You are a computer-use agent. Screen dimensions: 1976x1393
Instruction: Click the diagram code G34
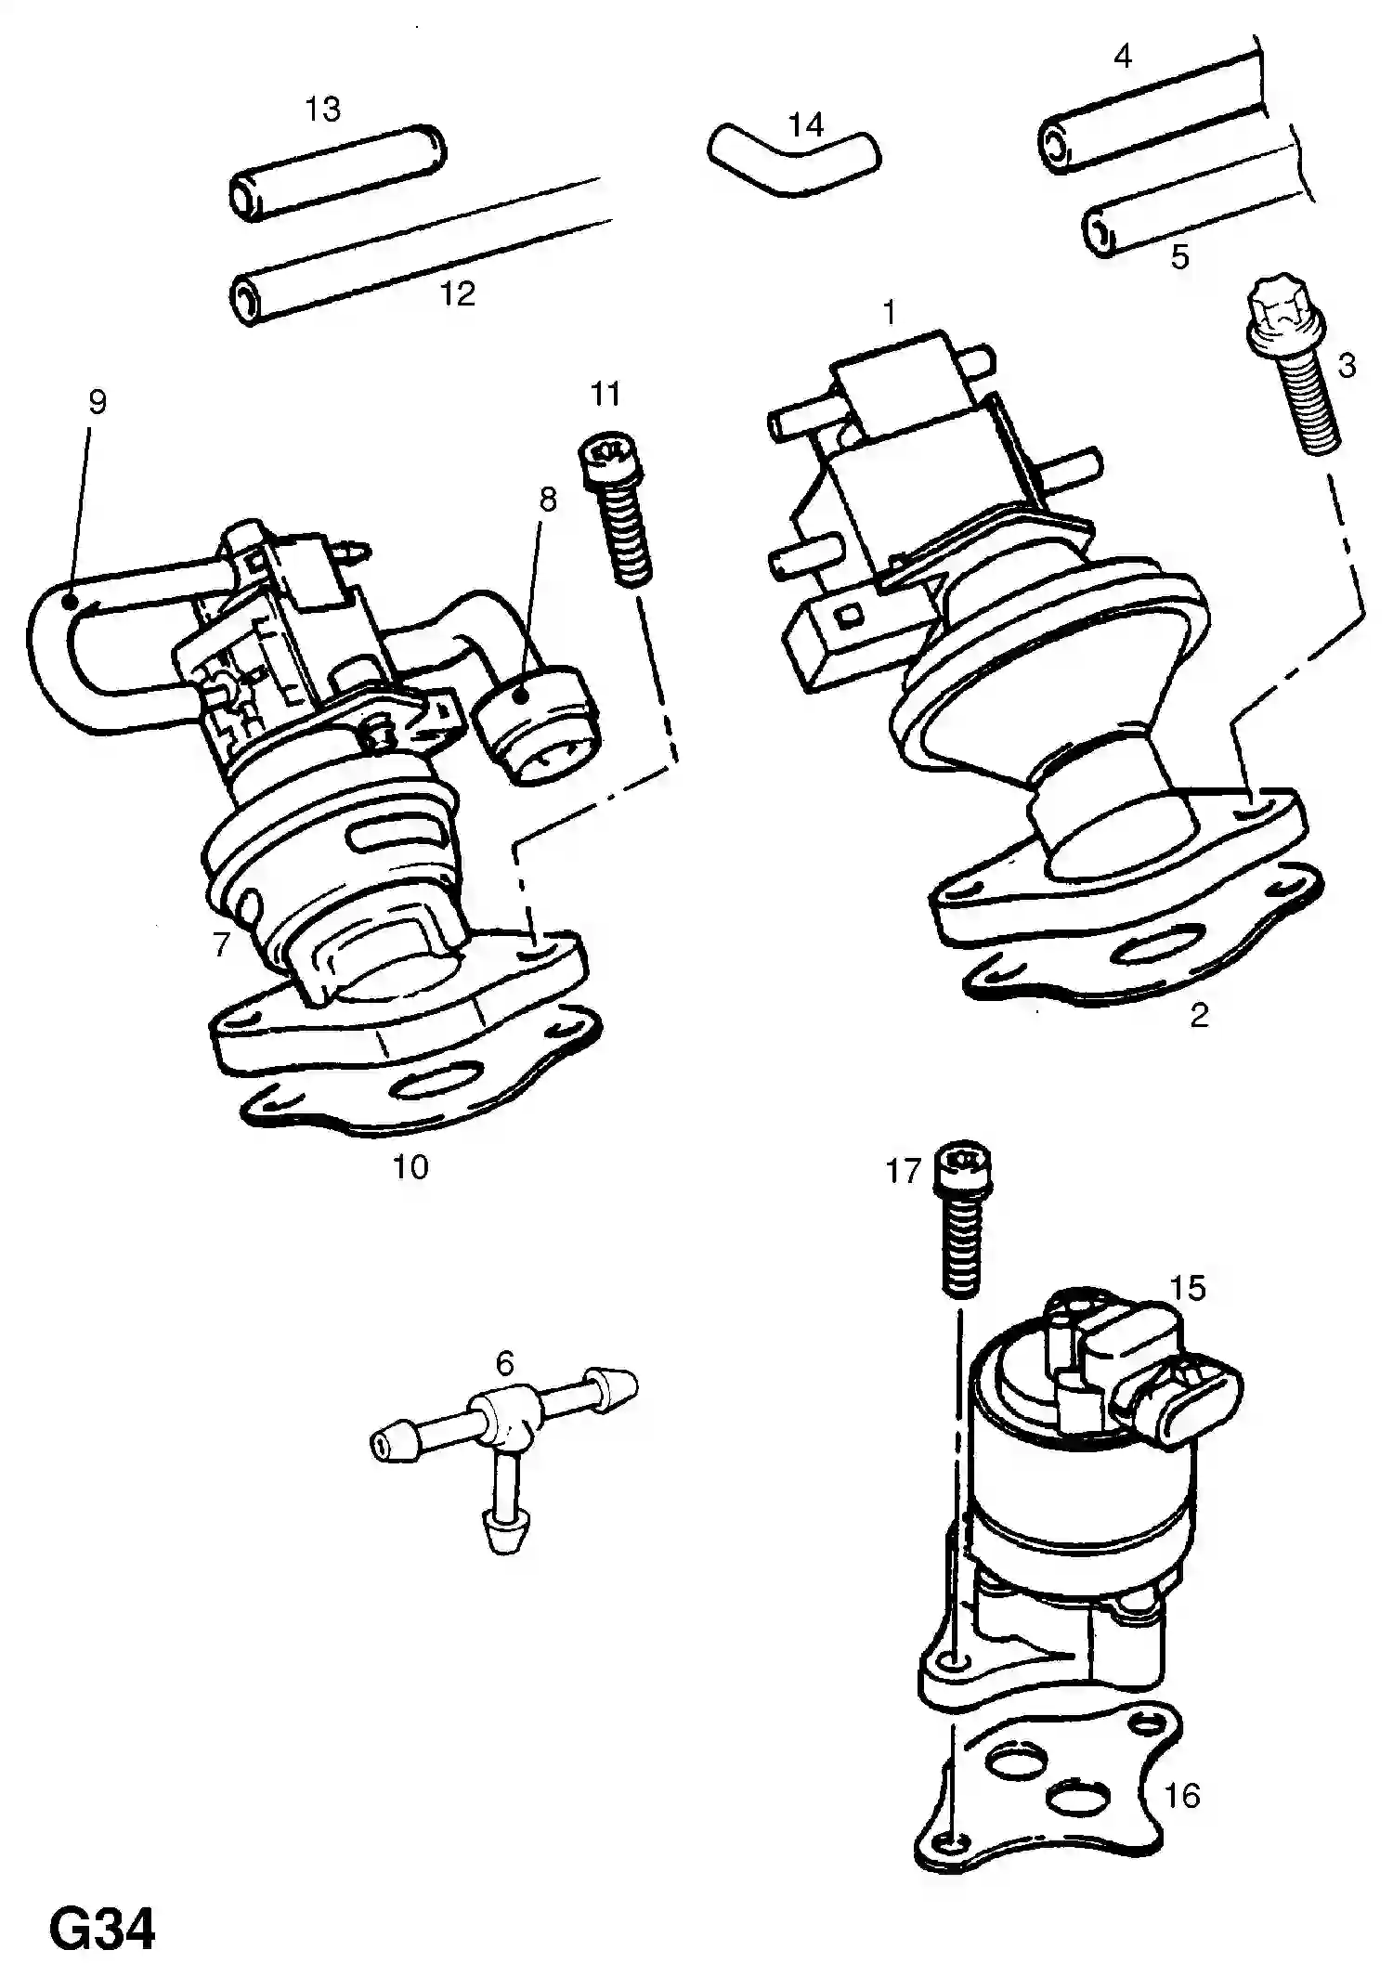point(102,1930)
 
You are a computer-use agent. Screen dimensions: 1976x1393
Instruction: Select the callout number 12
point(457,294)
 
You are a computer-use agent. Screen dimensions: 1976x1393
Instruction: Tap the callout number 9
point(98,402)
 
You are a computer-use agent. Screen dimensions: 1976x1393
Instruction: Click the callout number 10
point(410,1166)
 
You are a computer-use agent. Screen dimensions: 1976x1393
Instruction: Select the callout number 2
point(1199,1015)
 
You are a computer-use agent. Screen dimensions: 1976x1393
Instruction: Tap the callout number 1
point(889,313)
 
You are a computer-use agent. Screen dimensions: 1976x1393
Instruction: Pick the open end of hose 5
point(1099,233)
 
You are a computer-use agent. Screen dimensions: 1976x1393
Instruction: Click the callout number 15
point(1187,1288)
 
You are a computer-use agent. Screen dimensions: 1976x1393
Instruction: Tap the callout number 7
point(221,944)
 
